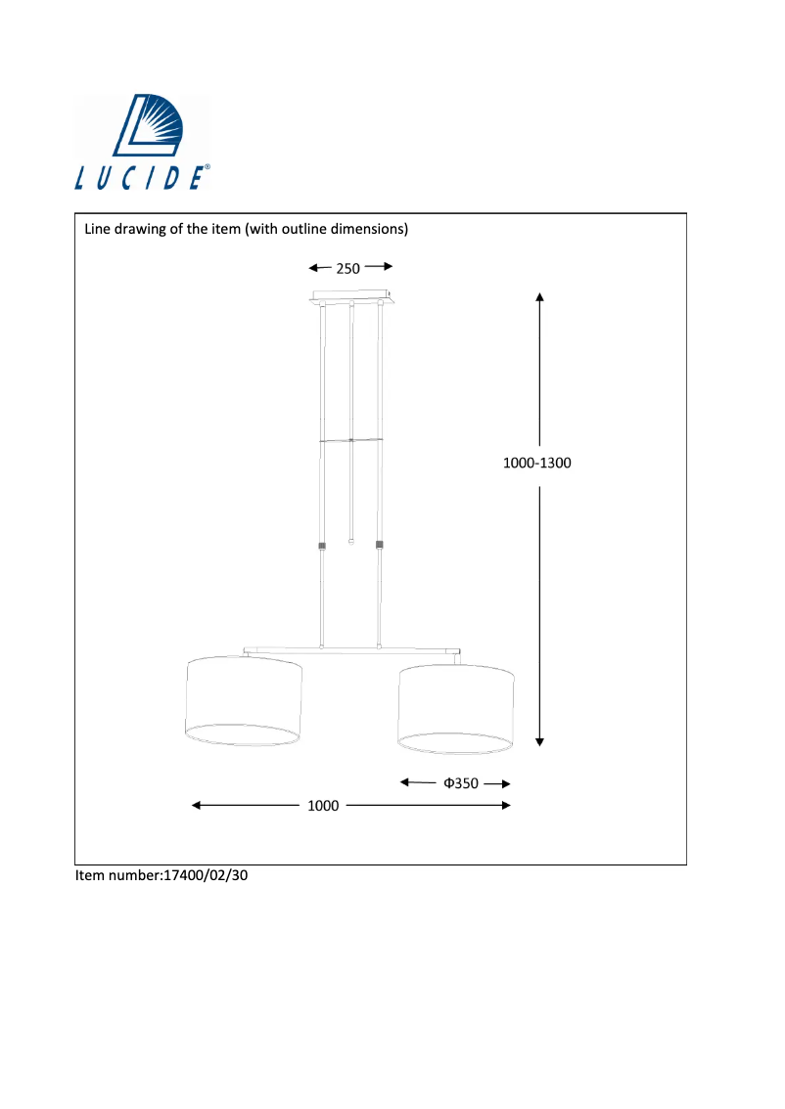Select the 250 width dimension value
click(349, 268)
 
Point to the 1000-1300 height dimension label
click(536, 464)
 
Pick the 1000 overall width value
click(323, 806)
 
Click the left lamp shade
click(244, 701)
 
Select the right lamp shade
click(455, 708)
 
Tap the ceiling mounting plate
click(351, 296)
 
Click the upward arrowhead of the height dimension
click(540, 294)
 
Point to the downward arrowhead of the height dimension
click(540, 742)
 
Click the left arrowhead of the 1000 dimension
click(197, 806)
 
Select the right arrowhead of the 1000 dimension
click(506, 806)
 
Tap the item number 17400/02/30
click(206, 876)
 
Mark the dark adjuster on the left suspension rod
click(322, 545)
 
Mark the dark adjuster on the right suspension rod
click(380, 544)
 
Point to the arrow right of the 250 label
click(380, 266)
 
